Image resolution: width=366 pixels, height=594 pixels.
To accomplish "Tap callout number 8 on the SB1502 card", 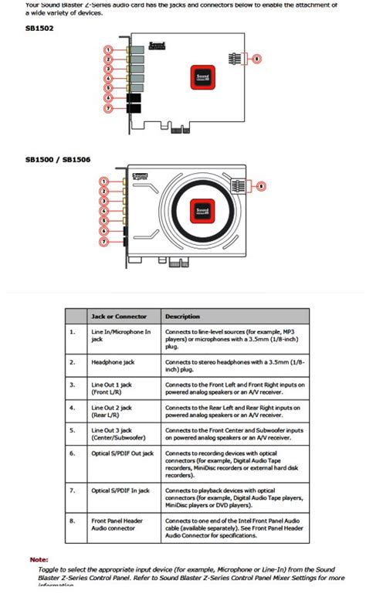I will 257,58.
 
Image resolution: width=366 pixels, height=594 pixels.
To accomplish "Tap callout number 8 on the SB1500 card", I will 261,185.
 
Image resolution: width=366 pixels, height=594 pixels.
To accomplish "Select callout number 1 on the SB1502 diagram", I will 108,49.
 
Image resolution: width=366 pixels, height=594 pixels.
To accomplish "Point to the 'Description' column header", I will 182,316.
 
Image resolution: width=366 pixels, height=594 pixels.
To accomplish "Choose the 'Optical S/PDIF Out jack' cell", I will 123,453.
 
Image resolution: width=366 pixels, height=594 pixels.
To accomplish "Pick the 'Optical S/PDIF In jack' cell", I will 120,490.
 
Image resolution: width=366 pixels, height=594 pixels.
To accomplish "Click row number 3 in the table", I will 73,384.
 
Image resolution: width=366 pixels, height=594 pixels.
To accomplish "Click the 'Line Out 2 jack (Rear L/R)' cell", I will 113,410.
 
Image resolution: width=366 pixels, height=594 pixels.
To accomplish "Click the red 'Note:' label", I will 39,558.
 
